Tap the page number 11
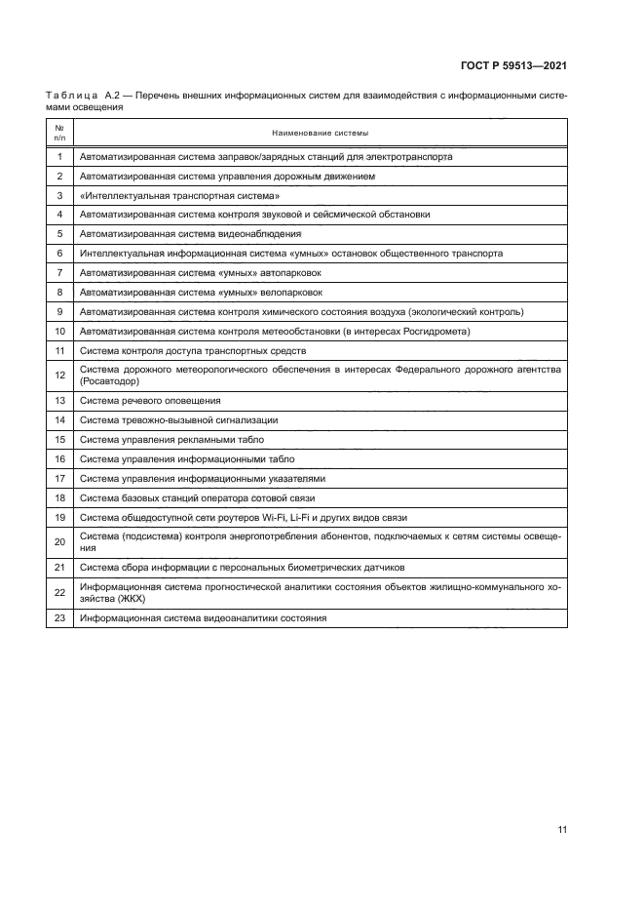(562, 830)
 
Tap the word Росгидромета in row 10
(439, 331)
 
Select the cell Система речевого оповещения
(150, 401)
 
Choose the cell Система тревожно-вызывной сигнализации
(178, 420)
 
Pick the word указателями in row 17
(296, 478)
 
